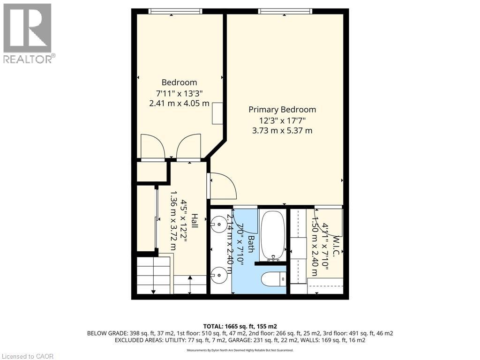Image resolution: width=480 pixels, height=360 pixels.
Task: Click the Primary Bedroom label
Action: (x=282, y=110)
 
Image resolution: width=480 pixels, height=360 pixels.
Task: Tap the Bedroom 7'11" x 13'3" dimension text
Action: (x=179, y=93)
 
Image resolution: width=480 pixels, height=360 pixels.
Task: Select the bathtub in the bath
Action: (x=272, y=235)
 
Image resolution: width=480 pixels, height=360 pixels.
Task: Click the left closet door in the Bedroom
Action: (x=153, y=147)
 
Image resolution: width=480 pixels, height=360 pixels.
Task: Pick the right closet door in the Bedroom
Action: (x=189, y=147)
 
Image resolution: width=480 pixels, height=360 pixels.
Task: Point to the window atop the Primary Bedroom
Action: (x=285, y=11)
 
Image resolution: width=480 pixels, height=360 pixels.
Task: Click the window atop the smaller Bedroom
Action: (x=175, y=11)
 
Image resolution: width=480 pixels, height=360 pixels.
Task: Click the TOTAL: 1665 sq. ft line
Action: (x=240, y=326)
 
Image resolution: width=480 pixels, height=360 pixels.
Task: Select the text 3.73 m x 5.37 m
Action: (x=282, y=131)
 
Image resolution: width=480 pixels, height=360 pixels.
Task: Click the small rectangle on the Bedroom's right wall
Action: (x=217, y=113)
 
